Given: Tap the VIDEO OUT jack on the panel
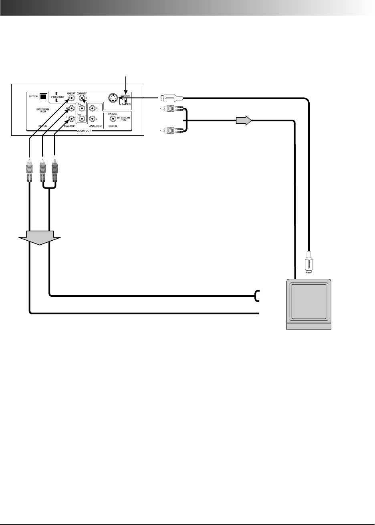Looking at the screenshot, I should coord(71,98).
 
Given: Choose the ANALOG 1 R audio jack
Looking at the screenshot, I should coord(71,108).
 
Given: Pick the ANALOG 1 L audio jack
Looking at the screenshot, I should coord(71,119).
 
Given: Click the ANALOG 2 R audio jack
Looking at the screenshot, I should coord(92,108).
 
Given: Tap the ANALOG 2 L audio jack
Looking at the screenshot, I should coord(92,119).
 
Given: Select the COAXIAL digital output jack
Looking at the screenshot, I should coord(113,119).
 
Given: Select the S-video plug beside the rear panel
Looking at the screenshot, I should coord(171,97).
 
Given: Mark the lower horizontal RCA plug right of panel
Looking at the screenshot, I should coord(171,130).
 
